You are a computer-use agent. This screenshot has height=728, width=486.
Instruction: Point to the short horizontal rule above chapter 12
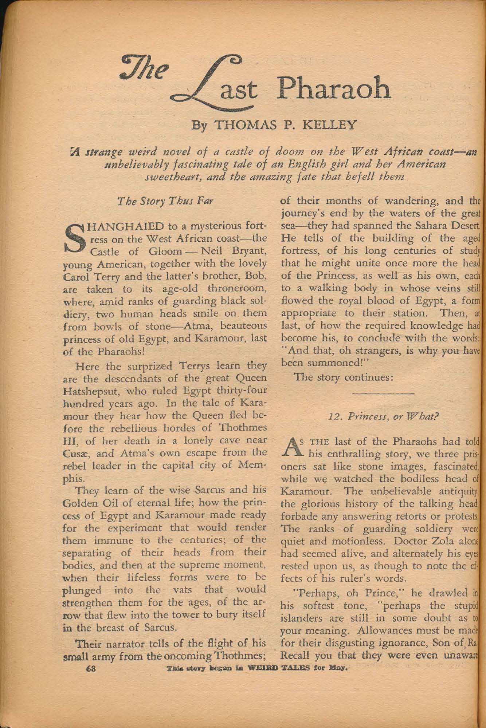(384, 393)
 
